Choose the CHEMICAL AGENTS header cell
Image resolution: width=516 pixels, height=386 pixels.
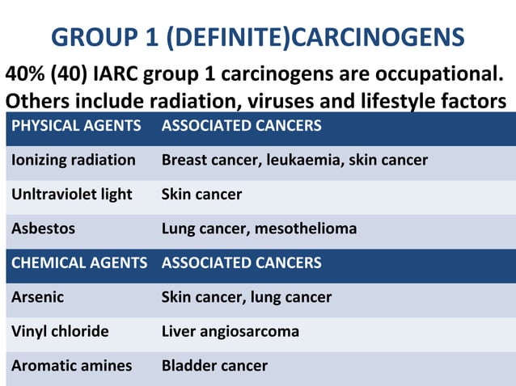tap(79, 262)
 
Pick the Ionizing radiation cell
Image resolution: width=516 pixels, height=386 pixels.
tap(74, 160)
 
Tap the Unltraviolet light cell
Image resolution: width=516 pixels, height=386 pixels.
tap(72, 195)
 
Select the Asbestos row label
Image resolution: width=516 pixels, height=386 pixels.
tap(43, 229)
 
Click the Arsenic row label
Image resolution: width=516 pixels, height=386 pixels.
tap(37, 297)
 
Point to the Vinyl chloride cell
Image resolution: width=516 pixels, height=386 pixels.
tap(60, 331)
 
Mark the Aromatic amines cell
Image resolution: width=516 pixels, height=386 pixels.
tap(71, 366)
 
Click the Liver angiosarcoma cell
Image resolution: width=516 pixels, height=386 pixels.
tap(231, 331)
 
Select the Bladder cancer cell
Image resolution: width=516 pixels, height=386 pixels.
tap(214, 366)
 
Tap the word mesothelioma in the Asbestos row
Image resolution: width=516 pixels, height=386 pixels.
tap(306, 229)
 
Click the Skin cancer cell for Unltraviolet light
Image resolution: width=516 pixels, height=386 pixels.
tap(201, 195)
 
